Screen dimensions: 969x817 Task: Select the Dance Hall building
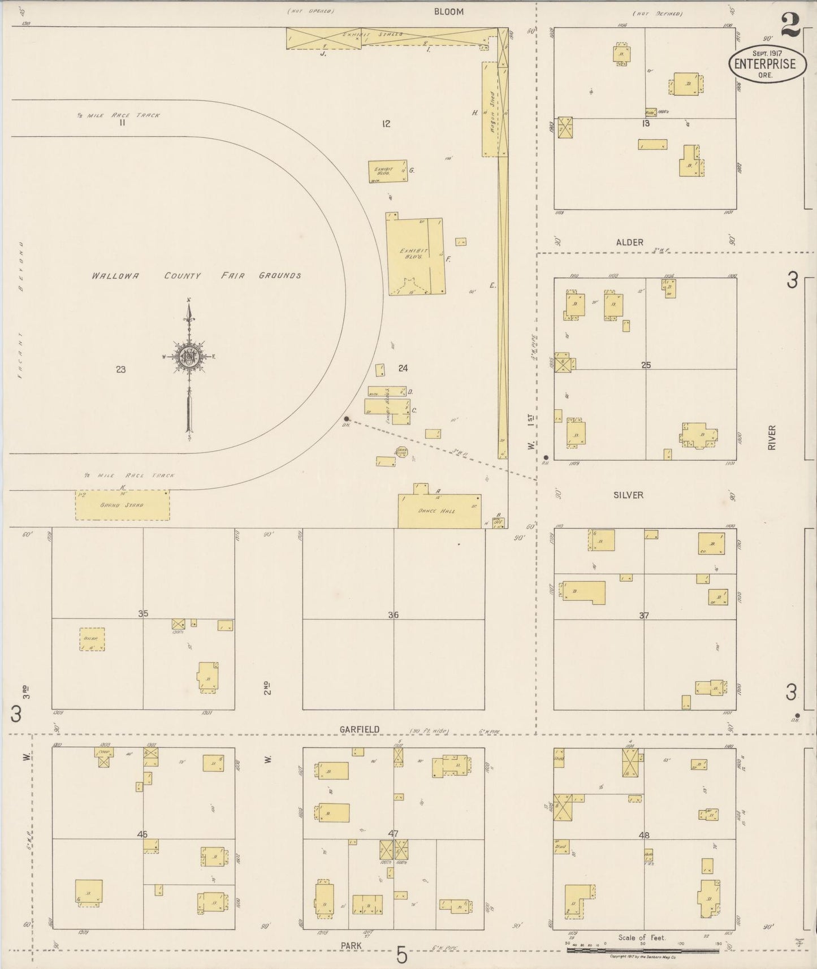(439, 511)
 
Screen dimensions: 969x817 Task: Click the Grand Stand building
(122, 505)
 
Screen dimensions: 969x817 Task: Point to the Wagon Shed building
(490, 109)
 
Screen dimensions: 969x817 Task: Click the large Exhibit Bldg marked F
(415, 257)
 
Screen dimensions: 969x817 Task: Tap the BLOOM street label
(448, 11)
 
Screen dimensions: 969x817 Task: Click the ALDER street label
(629, 242)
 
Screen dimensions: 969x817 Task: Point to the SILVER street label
(628, 495)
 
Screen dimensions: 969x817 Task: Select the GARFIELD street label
(360, 729)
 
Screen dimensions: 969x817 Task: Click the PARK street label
(351, 945)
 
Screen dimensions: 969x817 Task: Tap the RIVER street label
(772, 438)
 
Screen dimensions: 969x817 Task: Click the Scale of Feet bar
(642, 950)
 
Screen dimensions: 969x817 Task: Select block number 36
(393, 615)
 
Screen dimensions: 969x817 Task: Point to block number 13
(646, 123)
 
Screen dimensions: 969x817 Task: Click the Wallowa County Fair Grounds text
(196, 276)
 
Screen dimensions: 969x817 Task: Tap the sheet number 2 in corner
(791, 25)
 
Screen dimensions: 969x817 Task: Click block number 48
(643, 834)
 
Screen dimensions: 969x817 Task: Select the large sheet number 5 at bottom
(401, 955)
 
